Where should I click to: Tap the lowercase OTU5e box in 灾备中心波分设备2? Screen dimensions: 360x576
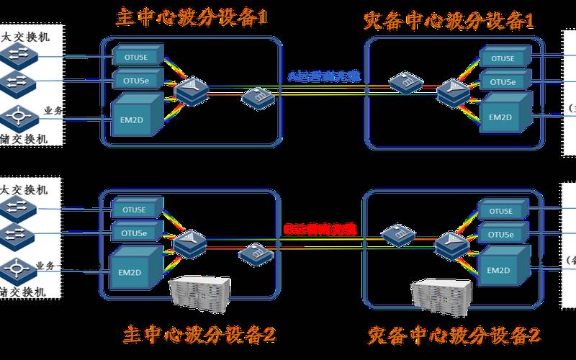tap(499, 234)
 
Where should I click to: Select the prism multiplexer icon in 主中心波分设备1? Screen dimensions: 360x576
tap(191, 91)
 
